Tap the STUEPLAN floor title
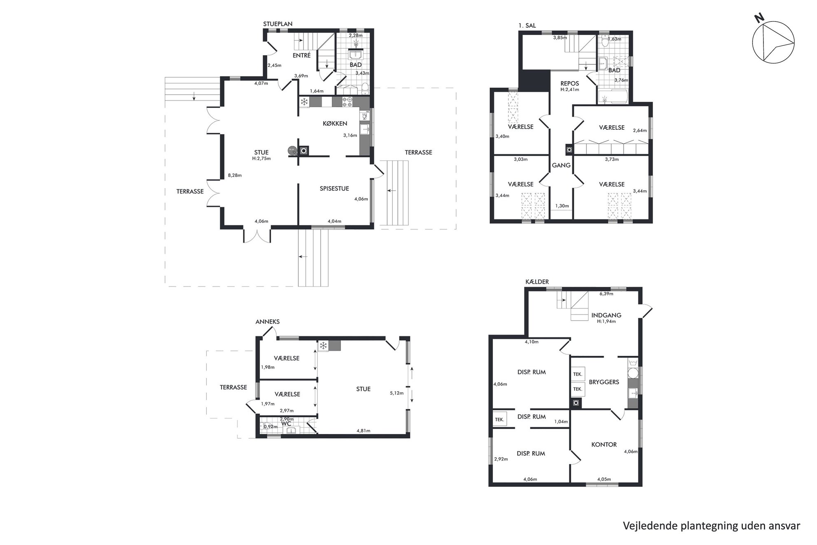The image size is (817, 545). [278, 24]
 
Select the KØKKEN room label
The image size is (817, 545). [335, 123]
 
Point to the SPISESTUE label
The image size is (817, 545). [334, 189]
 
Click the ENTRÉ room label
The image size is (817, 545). [301, 55]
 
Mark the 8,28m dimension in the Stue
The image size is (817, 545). [235, 175]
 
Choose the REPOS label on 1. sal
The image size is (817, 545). [570, 84]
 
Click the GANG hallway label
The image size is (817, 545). [561, 165]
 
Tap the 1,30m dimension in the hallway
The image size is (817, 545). [562, 206]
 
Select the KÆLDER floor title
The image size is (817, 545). [537, 282]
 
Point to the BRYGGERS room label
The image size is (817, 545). [604, 382]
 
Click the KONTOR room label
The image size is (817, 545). [604, 444]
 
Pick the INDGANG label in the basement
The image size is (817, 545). [606, 315]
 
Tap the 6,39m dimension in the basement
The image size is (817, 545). [606, 294]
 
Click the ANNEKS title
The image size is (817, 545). [267, 322]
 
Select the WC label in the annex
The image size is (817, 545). [286, 423]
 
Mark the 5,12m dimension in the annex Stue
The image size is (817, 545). [396, 393]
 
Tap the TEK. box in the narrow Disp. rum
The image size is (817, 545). [500, 419]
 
